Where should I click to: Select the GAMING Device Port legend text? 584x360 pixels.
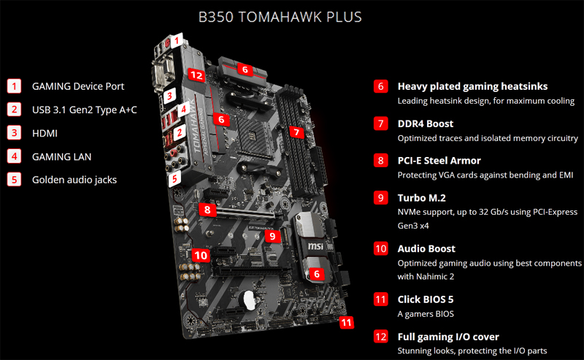pyautogui.click(x=78, y=86)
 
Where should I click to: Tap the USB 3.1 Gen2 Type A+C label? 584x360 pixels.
pyautogui.click(x=84, y=110)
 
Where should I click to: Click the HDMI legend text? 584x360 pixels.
pyautogui.click(x=45, y=133)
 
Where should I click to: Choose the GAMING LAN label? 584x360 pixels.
pyautogui.click(x=61, y=156)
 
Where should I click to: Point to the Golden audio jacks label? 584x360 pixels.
pyautogui.click(x=74, y=180)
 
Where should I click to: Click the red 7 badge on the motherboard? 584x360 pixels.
pyautogui.click(x=296, y=132)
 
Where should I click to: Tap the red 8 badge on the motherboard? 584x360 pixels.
pyautogui.click(x=208, y=210)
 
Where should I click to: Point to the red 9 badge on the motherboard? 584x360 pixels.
pyautogui.click(x=271, y=236)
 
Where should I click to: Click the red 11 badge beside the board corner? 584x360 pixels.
pyautogui.click(x=347, y=321)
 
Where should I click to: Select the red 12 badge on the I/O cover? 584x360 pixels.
pyautogui.click(x=195, y=74)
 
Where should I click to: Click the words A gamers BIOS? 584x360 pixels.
pyautogui.click(x=426, y=314)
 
